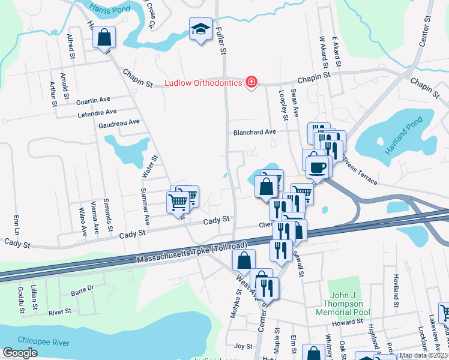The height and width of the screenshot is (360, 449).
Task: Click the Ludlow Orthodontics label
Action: (203, 83)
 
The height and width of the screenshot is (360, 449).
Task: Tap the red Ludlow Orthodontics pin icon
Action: (252, 82)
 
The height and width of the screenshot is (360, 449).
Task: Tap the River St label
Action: (60, 311)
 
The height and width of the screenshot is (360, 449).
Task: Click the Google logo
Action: (20, 353)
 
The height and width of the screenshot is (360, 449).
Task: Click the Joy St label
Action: (243, 346)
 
